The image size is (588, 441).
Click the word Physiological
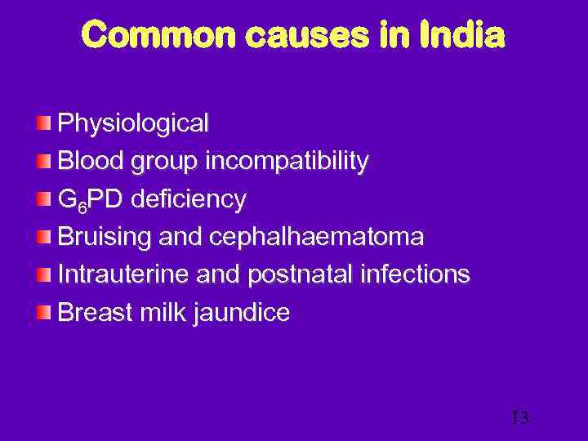point(133,124)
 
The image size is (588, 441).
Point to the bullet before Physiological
point(43,123)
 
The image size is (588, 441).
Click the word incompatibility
point(287,161)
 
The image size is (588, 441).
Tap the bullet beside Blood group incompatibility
point(43,161)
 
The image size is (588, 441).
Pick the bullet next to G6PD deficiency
point(43,198)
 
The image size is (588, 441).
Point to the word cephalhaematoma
point(317,237)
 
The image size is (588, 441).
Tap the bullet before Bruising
point(43,237)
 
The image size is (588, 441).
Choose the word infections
point(414,274)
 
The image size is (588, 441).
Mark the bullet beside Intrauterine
point(43,274)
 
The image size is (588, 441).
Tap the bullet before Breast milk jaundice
point(43,312)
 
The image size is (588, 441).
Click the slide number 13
point(519,417)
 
